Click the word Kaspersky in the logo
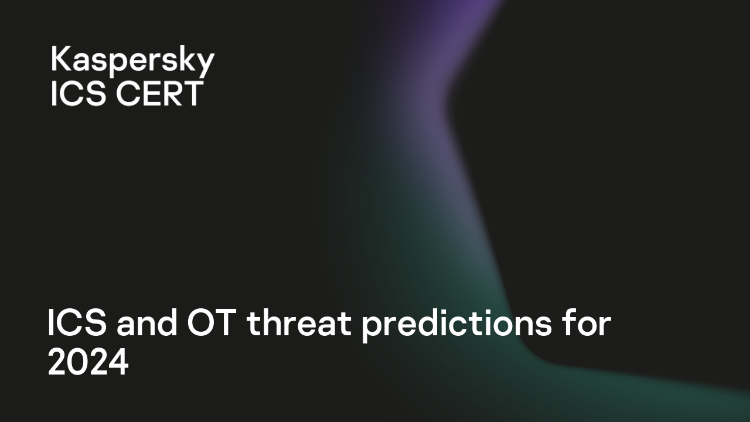point(132,62)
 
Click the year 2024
point(88,363)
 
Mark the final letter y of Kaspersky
point(206,64)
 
